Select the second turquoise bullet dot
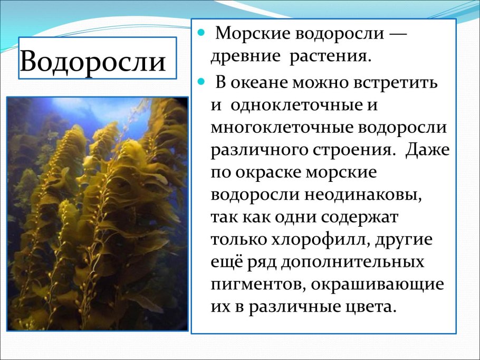click(x=201, y=82)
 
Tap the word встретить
click(x=396, y=83)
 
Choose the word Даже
click(x=428, y=150)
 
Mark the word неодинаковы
click(x=363, y=195)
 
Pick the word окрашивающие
click(x=378, y=285)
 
